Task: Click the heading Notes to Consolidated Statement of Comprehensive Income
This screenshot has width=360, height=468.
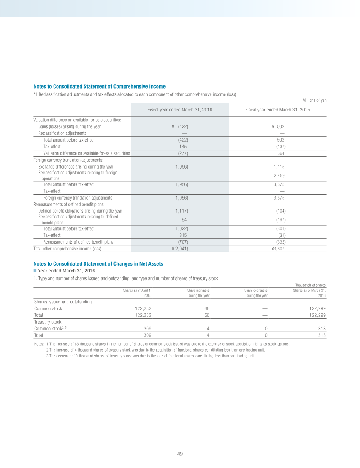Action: click(x=99, y=86)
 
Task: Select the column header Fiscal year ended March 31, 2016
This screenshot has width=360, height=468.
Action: click(x=180, y=110)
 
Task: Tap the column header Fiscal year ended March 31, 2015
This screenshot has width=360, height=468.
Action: click(x=278, y=110)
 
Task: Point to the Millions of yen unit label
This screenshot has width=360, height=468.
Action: click(x=314, y=100)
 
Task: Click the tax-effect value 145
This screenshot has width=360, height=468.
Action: click(x=183, y=146)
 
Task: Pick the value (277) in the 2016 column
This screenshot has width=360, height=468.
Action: click(x=183, y=153)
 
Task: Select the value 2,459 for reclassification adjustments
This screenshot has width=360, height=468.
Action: click(x=280, y=175)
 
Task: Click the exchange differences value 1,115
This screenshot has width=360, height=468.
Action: click(x=280, y=166)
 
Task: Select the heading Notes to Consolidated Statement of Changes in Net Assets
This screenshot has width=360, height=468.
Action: click(x=98, y=263)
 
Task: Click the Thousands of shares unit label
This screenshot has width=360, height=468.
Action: click(x=310, y=285)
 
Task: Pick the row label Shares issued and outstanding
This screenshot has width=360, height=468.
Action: click(x=63, y=302)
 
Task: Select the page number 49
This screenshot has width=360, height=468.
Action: click(x=180, y=454)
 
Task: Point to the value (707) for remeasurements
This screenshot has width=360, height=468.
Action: click(x=183, y=241)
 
